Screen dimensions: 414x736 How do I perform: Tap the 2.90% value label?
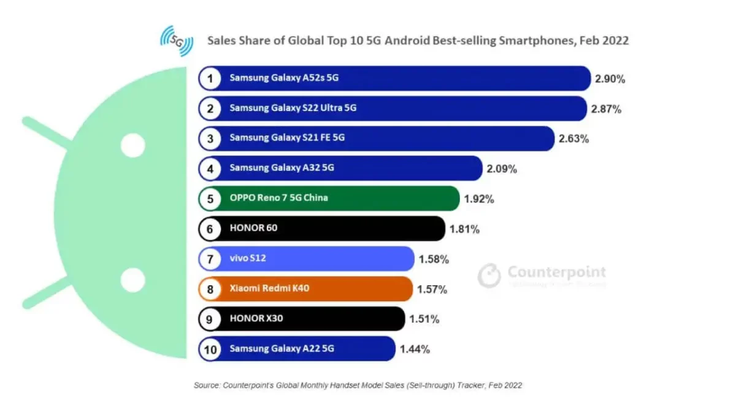pyautogui.click(x=610, y=79)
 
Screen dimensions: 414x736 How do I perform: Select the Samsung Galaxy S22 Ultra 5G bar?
pyautogui.click(x=393, y=109)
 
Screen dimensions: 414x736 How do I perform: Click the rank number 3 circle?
pyautogui.click(x=210, y=139)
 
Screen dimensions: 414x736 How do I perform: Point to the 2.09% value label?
pyautogui.click(x=501, y=169)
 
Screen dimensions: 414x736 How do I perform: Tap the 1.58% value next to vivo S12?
pyautogui.click(x=434, y=259)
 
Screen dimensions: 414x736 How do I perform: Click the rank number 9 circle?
pyautogui.click(x=210, y=319)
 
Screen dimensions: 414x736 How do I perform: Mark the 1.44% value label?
pyautogui.click(x=415, y=349)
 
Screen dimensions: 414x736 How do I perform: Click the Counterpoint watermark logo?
pyautogui.click(x=542, y=274)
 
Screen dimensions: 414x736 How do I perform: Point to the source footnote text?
pyautogui.click(x=358, y=386)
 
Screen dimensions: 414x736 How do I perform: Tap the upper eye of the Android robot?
pyautogui.click(x=132, y=147)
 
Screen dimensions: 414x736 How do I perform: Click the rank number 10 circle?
pyautogui.click(x=210, y=349)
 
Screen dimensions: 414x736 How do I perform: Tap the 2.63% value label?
pyautogui.click(x=573, y=139)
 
